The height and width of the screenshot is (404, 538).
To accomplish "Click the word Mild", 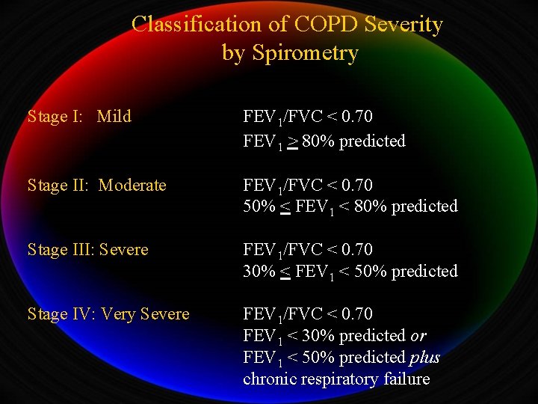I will pos(114,117).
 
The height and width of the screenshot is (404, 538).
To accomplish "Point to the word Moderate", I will pos(132,185).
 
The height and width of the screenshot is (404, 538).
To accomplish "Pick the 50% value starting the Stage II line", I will pos(259,206).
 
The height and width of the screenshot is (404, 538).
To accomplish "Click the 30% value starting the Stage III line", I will pos(259,271).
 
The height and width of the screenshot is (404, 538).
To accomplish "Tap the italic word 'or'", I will pos(419,335).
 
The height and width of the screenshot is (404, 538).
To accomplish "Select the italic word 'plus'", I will pos(425,357).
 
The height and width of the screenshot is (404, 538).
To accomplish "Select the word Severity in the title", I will pos(404,24).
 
